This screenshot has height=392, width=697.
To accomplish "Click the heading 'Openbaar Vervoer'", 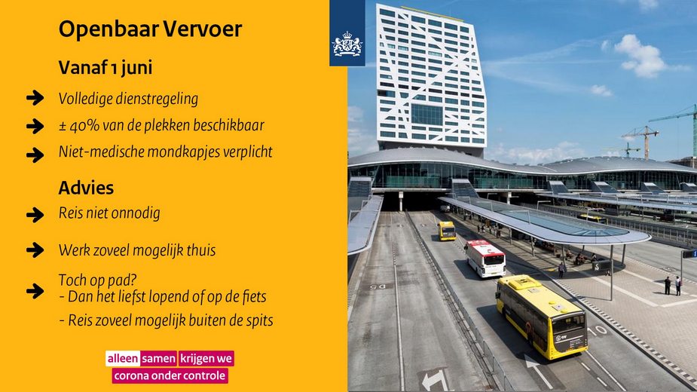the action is [x=150, y=29].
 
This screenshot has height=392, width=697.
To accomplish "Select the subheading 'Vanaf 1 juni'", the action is [x=105, y=68].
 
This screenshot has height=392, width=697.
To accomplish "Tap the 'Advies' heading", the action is [x=86, y=188].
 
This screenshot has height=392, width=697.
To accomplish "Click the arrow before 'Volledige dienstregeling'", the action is [x=35, y=97].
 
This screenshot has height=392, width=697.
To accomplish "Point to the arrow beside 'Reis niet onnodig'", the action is [x=35, y=215].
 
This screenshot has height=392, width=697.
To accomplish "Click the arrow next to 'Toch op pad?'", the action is [x=35, y=291].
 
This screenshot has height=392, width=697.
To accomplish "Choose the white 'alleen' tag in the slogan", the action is [x=123, y=359].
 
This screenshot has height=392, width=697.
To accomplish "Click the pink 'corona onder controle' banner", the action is [x=170, y=376].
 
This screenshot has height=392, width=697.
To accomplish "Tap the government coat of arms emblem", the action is [x=347, y=44].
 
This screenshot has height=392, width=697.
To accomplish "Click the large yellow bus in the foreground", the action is [x=541, y=317].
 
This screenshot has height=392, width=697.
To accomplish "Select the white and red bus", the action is [x=485, y=258].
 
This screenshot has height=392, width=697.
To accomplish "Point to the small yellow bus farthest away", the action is [x=446, y=231].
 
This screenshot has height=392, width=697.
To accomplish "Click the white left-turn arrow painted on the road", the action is [x=435, y=381].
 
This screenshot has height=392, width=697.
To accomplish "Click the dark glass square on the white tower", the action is [x=426, y=115].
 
